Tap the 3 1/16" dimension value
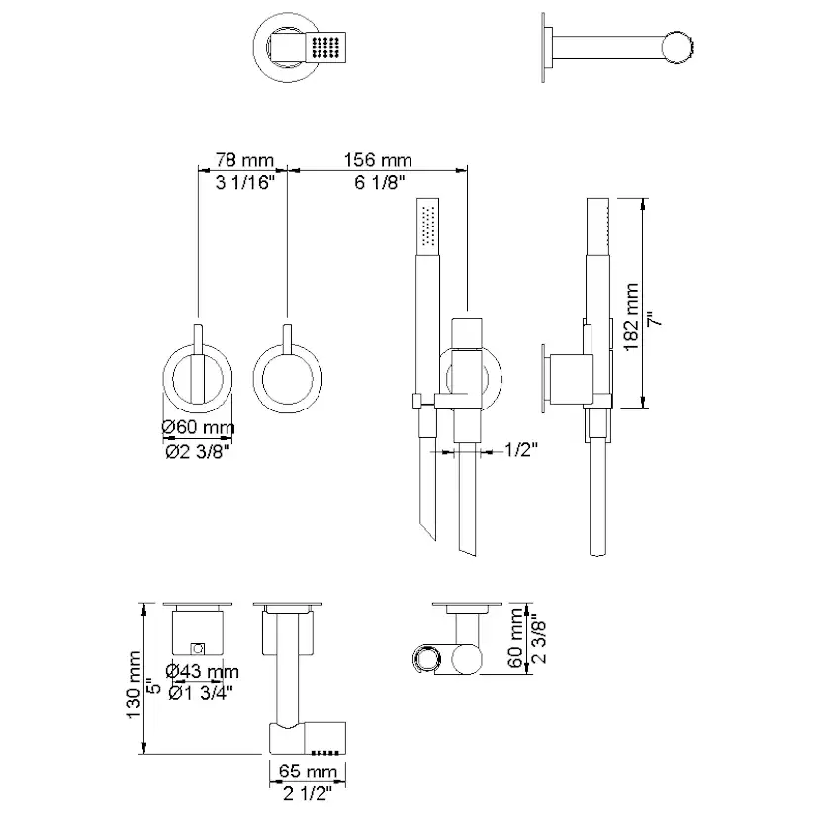coord(243,181)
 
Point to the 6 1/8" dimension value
coord(378,181)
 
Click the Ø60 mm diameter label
coord(199,427)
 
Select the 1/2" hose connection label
coord(520,450)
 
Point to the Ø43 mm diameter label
coord(203,671)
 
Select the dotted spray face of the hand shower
coord(428,225)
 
